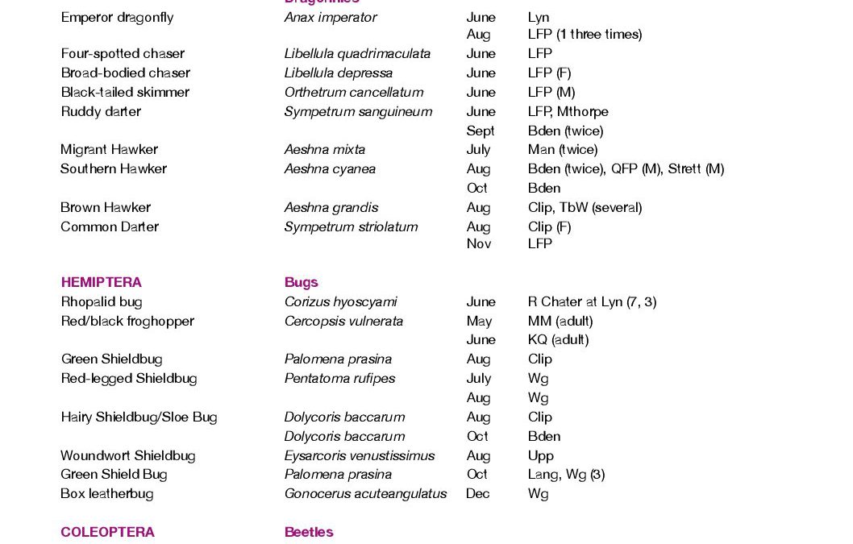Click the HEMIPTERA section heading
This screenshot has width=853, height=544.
pyautogui.click(x=101, y=282)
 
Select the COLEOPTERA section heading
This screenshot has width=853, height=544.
pyautogui.click(x=107, y=532)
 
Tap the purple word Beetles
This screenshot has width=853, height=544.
pyautogui.click(x=309, y=532)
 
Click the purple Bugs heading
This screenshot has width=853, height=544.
pyautogui.click(x=301, y=282)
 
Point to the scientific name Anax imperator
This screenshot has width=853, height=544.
pyautogui.click(x=330, y=17)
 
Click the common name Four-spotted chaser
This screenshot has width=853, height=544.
pyautogui.click(x=123, y=53)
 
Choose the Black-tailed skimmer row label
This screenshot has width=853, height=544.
pyautogui.click(x=125, y=92)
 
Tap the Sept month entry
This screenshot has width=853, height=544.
pyautogui.click(x=481, y=131)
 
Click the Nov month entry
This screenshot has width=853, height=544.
pyautogui.click(x=478, y=243)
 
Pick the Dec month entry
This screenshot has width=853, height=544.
pyautogui.click(x=477, y=493)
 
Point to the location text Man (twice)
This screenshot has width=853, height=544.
pyautogui.click(x=562, y=149)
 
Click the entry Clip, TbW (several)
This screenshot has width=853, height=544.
pyautogui.click(x=585, y=207)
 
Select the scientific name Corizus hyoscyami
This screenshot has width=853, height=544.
pyautogui.click(x=340, y=301)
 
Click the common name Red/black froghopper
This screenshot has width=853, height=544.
pyautogui.click(x=127, y=321)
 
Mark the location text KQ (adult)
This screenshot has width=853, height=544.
pyautogui.click(x=558, y=339)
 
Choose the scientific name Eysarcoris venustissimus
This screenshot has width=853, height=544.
pyautogui.click(x=359, y=455)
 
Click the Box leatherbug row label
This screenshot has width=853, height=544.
pyautogui.click(x=106, y=493)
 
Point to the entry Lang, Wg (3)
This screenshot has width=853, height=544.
pyautogui.click(x=566, y=474)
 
